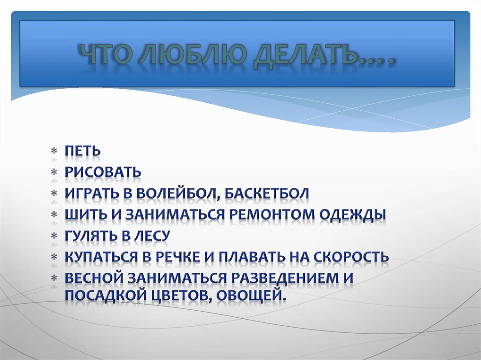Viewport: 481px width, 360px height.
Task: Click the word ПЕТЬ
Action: click(x=83, y=151)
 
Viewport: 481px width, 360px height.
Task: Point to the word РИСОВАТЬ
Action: click(x=103, y=172)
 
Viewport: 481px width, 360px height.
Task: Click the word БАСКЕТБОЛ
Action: click(x=270, y=193)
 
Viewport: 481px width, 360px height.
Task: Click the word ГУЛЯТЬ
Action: click(x=90, y=236)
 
